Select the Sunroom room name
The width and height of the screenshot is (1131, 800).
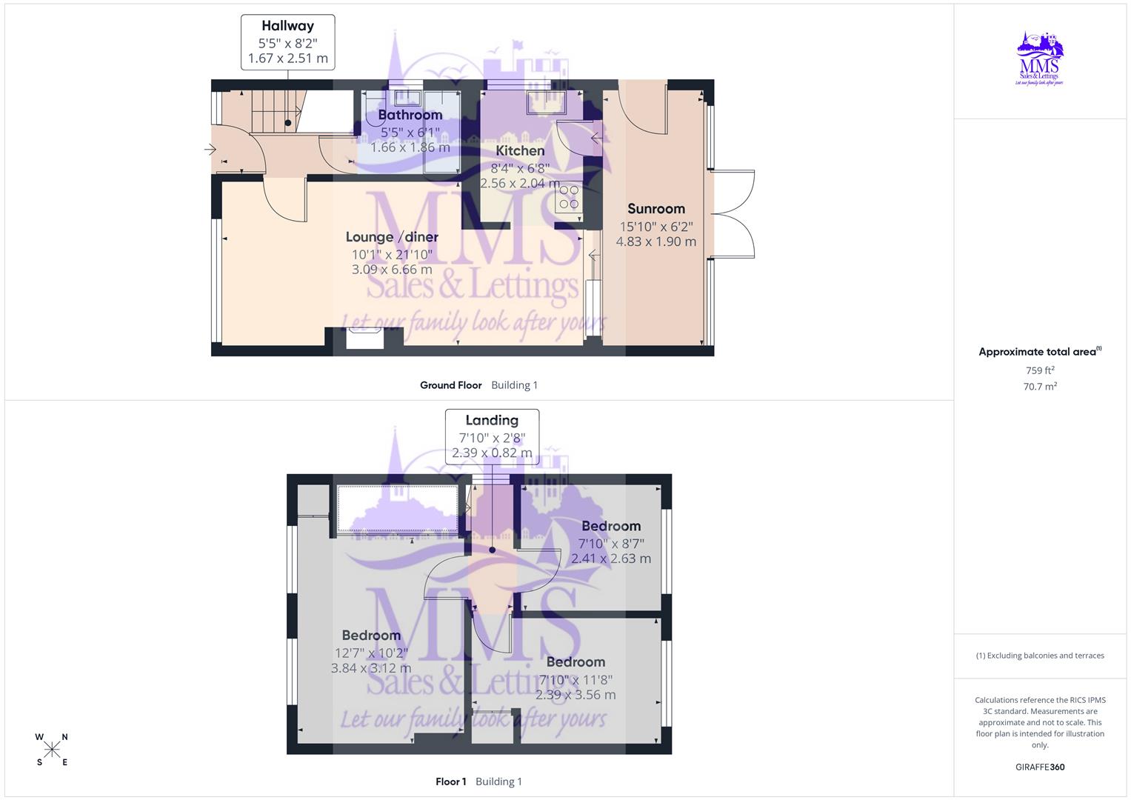[655, 209]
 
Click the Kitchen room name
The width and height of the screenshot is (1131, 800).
[519, 151]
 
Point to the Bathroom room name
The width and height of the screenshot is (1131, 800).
[410, 115]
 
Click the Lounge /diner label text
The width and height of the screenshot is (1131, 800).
[392, 237]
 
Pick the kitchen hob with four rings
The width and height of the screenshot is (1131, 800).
[569, 197]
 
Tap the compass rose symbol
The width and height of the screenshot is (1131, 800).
[52, 750]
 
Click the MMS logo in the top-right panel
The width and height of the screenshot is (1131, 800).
[1040, 59]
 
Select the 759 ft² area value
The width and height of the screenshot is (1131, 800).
[1040, 370]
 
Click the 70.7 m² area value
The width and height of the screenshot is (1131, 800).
[1040, 387]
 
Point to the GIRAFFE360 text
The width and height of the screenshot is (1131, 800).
[1040, 767]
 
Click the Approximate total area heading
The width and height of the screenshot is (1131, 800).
[1039, 352]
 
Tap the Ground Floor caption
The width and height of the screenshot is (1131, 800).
[450, 385]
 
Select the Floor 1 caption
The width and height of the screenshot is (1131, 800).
[450, 781]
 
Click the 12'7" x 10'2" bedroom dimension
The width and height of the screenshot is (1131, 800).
[371, 653]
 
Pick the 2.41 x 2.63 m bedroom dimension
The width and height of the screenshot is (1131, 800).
[611, 559]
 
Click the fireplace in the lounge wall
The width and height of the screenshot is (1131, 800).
[364, 339]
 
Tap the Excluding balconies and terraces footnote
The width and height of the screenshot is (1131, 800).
[1040, 656]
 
